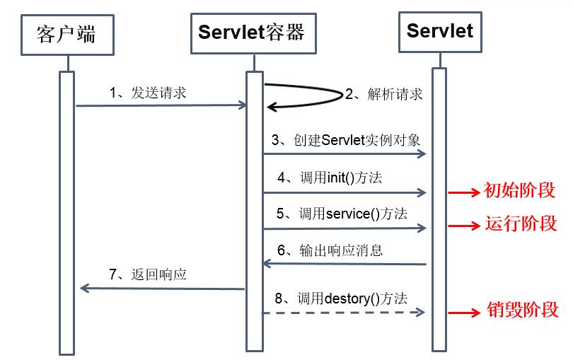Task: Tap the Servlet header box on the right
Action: coord(440,31)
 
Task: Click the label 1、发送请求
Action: coord(148,93)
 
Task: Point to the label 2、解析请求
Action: coord(384,94)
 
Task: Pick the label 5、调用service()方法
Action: coord(342,214)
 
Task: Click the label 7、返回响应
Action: coord(148,274)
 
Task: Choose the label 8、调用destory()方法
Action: coord(342,298)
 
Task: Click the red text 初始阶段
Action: coord(519,191)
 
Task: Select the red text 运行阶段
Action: coord(521,224)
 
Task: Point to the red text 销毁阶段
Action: coord(523,309)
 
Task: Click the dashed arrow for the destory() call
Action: coord(345,312)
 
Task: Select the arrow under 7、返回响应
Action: coord(163,288)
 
